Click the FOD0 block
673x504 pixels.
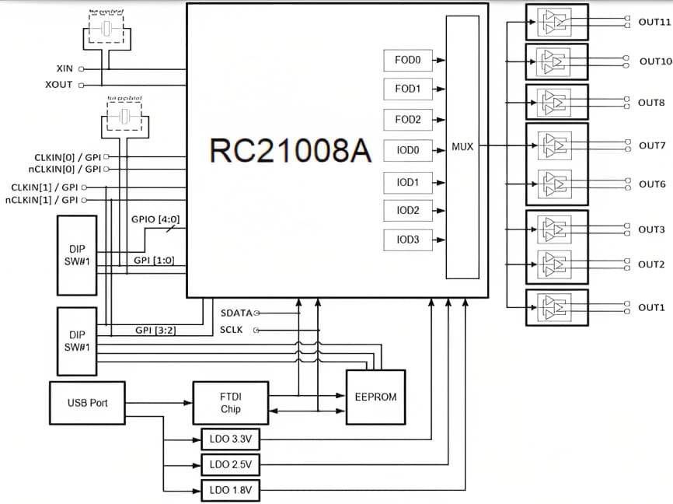(407, 60)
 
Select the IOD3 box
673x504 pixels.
(407, 240)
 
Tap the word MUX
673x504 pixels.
(462, 146)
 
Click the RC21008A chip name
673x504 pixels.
(290, 151)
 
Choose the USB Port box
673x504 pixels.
(87, 403)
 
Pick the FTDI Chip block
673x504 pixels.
(230, 403)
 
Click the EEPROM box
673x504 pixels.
(375, 397)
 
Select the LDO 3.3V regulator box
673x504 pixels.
(231, 439)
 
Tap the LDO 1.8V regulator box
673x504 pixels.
(231, 491)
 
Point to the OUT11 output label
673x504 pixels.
(654, 23)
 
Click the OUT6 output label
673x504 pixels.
(651, 184)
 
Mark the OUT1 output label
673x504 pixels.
(651, 308)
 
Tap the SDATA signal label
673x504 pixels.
(236, 313)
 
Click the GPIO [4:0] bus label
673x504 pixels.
(158, 221)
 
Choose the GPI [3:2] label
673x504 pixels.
(154, 331)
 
